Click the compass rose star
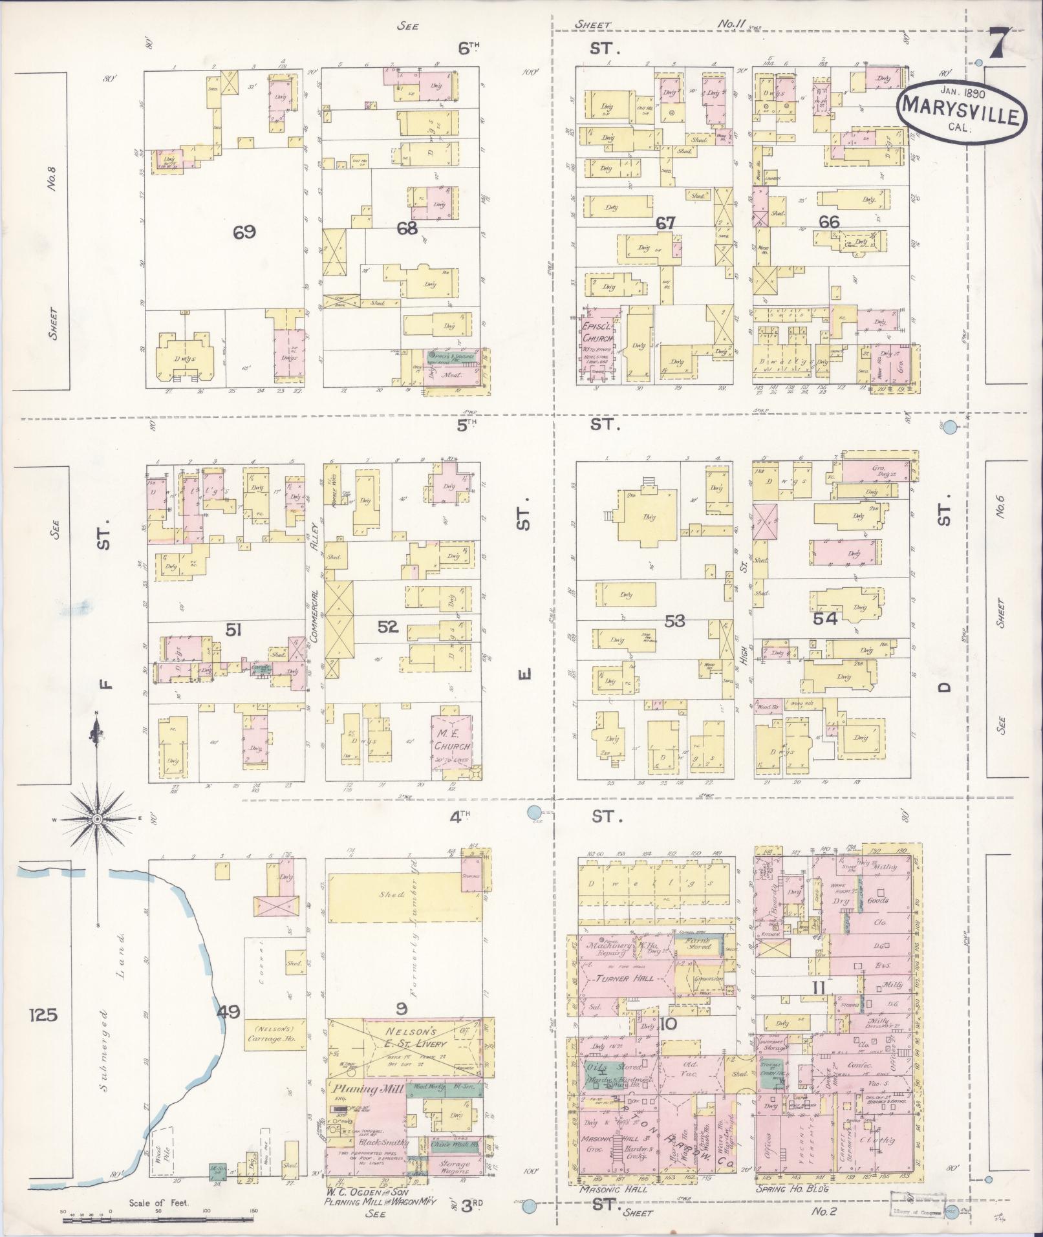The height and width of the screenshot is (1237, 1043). tap(97, 819)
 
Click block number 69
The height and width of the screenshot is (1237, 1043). tap(245, 232)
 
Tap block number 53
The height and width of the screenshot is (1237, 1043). tap(674, 621)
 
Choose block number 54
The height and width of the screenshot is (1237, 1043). tap(825, 619)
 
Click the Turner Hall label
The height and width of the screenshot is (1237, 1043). tap(621, 978)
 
